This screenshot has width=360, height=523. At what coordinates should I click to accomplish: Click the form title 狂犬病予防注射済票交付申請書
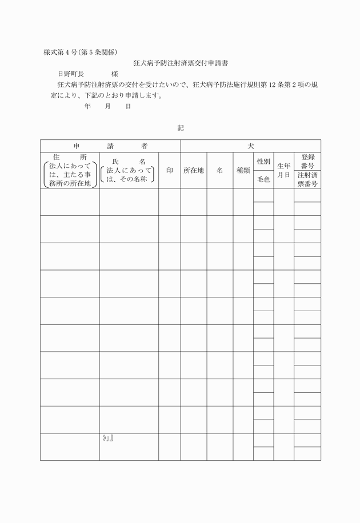[x=180, y=63]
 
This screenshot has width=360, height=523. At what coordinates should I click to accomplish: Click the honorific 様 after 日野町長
[x=115, y=74]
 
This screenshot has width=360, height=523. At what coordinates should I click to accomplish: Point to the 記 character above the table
[x=181, y=128]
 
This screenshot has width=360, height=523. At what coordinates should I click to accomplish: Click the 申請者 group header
[x=110, y=146]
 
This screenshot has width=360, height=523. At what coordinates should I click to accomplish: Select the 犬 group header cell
[x=250, y=146]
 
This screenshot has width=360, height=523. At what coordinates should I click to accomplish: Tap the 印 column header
[x=170, y=170]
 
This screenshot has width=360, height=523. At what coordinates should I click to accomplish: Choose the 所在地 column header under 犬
[x=194, y=170]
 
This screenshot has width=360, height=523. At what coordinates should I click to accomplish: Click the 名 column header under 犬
[x=220, y=170]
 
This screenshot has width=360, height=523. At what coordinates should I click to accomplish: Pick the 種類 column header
[x=243, y=170]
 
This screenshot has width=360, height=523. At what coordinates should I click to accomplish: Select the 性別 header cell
[x=263, y=162]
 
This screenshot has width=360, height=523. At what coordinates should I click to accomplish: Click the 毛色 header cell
[x=263, y=180]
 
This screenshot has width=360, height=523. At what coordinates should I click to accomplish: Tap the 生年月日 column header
[x=284, y=170]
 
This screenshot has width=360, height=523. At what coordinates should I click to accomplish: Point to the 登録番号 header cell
[x=307, y=161]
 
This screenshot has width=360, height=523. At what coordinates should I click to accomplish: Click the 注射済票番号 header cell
[x=307, y=179]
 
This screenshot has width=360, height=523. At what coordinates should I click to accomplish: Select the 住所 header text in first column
[x=70, y=156]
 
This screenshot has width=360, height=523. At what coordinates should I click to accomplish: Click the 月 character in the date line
[x=107, y=106]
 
